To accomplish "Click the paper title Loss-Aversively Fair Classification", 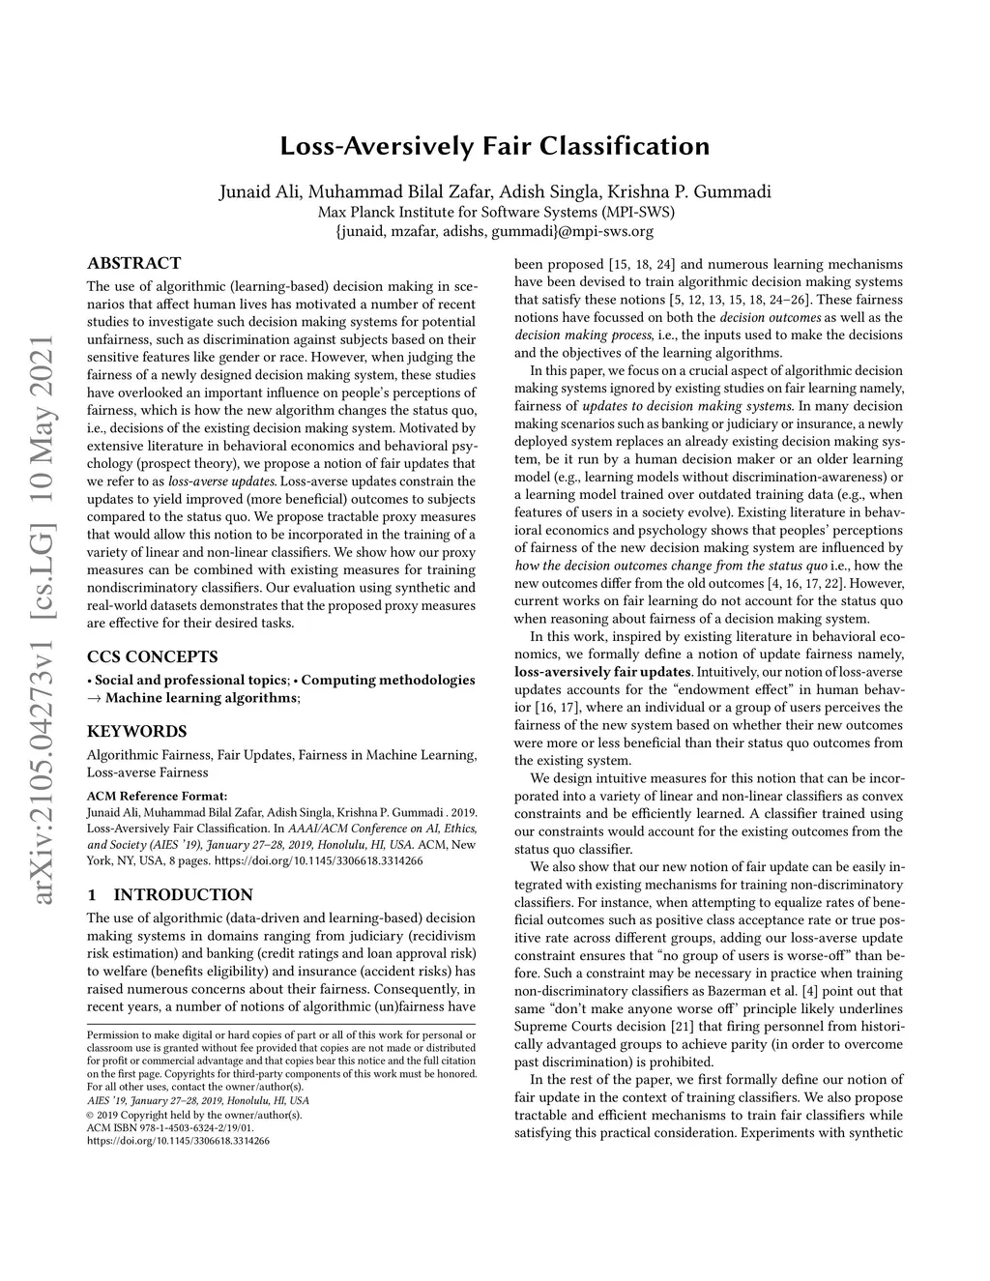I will [495, 147].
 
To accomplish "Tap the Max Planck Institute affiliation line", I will [495, 212].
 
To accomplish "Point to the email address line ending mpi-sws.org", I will [495, 231].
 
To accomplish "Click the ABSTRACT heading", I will [133, 263].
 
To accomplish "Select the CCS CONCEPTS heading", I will [153, 655].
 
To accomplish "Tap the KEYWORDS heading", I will [137, 731].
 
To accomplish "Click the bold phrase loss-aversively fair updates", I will [603, 672].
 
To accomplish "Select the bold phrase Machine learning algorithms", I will [201, 698].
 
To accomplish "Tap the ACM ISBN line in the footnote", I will [170, 1127].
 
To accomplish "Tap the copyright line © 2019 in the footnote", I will [194, 1114].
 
